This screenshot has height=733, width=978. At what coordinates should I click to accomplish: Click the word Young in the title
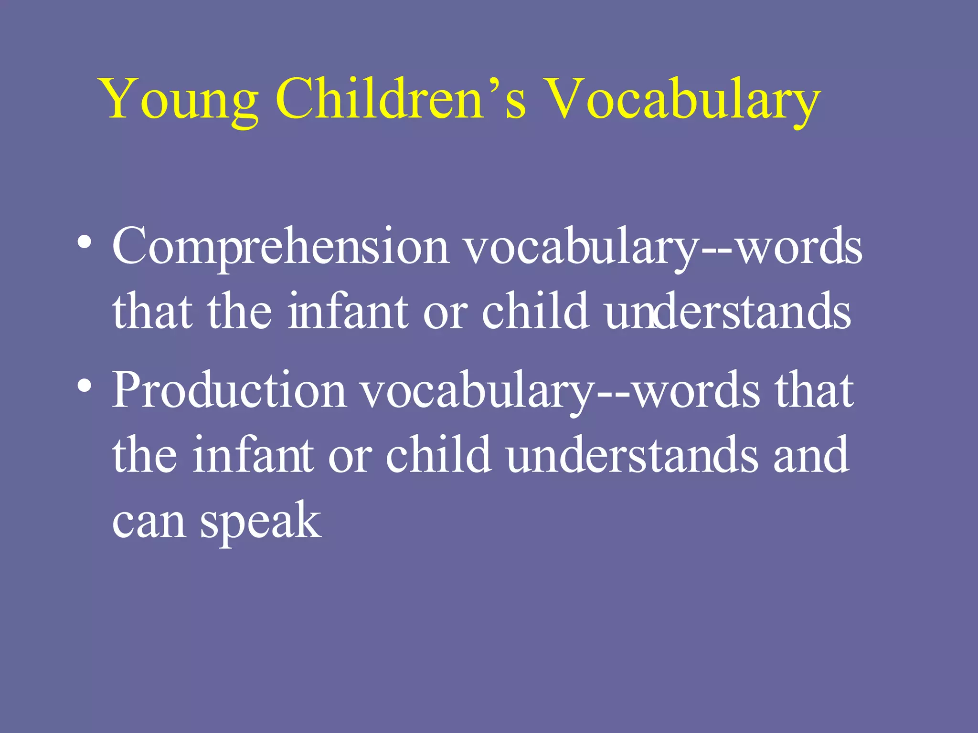[x=179, y=100]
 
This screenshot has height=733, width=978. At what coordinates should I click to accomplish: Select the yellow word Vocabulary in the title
[x=683, y=100]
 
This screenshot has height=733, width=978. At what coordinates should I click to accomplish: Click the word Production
[x=229, y=390]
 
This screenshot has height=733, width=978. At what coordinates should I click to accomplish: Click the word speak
[x=261, y=522]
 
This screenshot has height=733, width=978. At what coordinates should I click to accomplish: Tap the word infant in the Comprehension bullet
[x=348, y=311]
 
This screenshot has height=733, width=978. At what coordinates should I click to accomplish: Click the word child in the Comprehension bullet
[x=535, y=311]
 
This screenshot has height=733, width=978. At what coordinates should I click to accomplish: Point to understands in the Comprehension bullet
[x=728, y=311]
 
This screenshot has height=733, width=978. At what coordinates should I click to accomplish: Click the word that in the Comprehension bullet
[x=152, y=311]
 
